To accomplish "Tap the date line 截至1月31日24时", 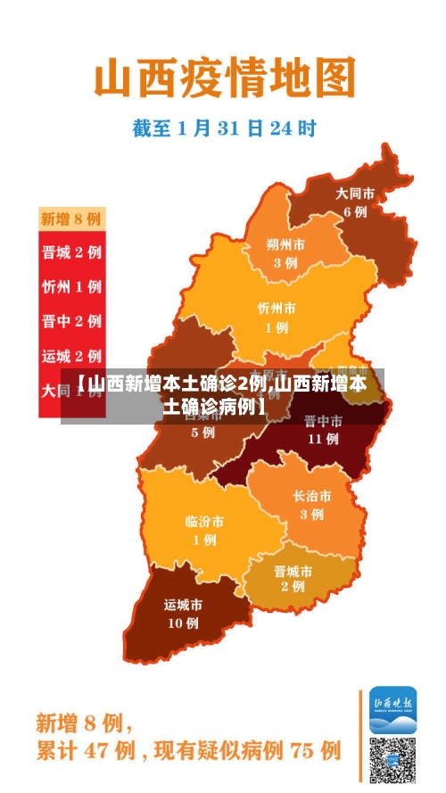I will pyautogui.click(x=225, y=128).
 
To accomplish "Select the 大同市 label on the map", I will pyautogui.click(x=354, y=193).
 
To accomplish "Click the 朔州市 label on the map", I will pyautogui.click(x=285, y=244).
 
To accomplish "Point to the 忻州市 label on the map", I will pyautogui.click(x=277, y=308).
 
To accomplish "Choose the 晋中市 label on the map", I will pyautogui.click(x=322, y=421).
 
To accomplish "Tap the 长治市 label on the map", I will pyautogui.click(x=311, y=496).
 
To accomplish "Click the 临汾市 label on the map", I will pyautogui.click(x=204, y=521).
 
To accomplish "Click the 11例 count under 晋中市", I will pyautogui.click(x=322, y=439).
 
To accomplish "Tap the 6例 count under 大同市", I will pyautogui.click(x=355, y=212).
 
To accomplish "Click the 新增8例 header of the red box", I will pyautogui.click(x=71, y=219).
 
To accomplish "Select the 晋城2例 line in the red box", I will pyautogui.click(x=71, y=252).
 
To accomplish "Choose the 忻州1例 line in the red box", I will pyautogui.click(x=71, y=287).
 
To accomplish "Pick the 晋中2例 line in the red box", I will pyautogui.click(x=71, y=321).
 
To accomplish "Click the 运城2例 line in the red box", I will pyautogui.click(x=71, y=356).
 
